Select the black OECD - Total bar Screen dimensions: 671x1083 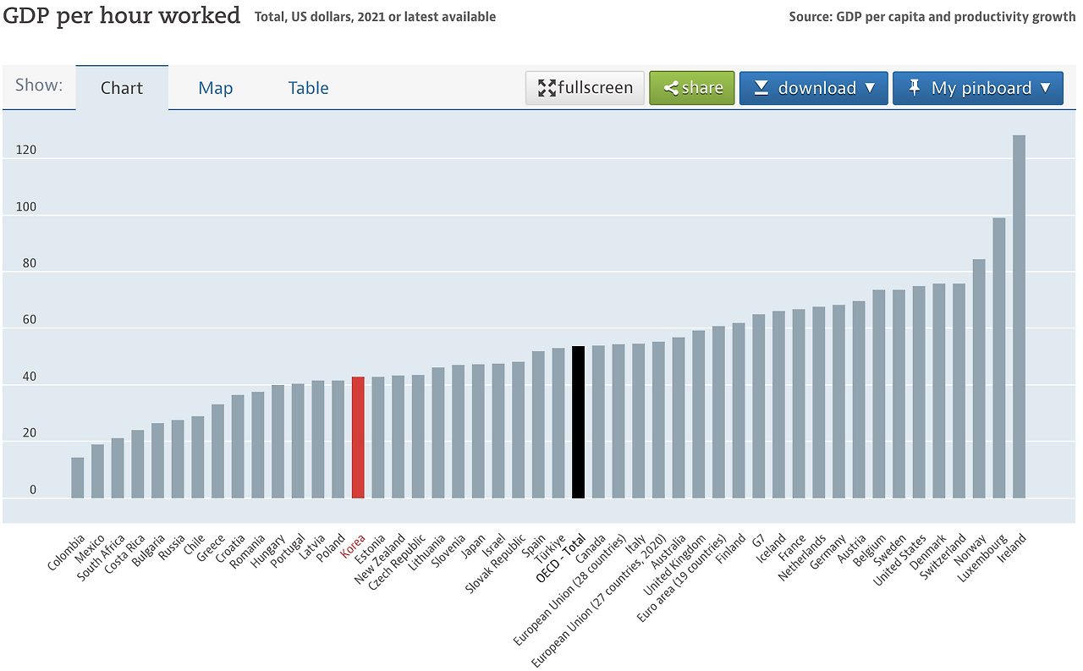tap(578, 422)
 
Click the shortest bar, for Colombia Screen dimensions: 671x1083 tap(77, 478)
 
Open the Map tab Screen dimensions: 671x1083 tap(216, 88)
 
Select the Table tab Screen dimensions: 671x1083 tap(308, 88)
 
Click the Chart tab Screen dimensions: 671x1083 tap(122, 88)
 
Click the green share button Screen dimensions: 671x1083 tap(692, 88)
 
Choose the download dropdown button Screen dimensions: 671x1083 tap(813, 88)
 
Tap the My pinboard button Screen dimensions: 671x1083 tap(977, 88)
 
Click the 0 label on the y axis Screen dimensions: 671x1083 tap(32, 490)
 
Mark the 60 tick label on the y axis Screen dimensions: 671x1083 tap(29, 320)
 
